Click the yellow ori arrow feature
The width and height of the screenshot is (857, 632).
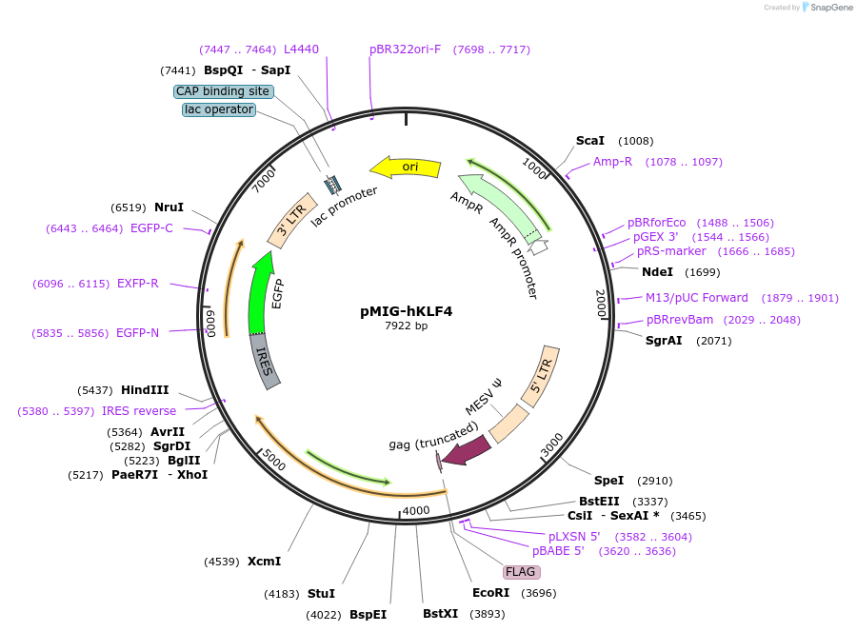pyautogui.click(x=406, y=168)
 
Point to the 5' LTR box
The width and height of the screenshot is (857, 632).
pyautogui.click(x=540, y=375)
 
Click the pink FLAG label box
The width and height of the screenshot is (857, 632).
pyautogui.click(x=521, y=572)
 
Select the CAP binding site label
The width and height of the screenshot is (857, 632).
pyautogui.click(x=224, y=91)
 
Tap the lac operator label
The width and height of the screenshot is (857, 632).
pyautogui.click(x=219, y=109)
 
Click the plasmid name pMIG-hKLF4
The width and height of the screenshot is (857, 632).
pyautogui.click(x=406, y=310)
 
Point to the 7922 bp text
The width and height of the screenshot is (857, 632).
pyautogui.click(x=406, y=326)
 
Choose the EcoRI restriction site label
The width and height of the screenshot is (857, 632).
pyautogui.click(x=490, y=592)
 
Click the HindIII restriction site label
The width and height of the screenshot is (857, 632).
pyautogui.click(x=145, y=390)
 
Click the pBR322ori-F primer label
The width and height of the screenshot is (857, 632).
pyautogui.click(x=406, y=49)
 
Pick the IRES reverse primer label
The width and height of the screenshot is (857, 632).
pyautogui.click(x=139, y=411)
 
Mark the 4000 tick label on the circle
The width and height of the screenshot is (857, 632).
pyautogui.click(x=416, y=511)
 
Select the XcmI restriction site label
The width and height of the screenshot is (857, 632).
pyautogui.click(x=264, y=562)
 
